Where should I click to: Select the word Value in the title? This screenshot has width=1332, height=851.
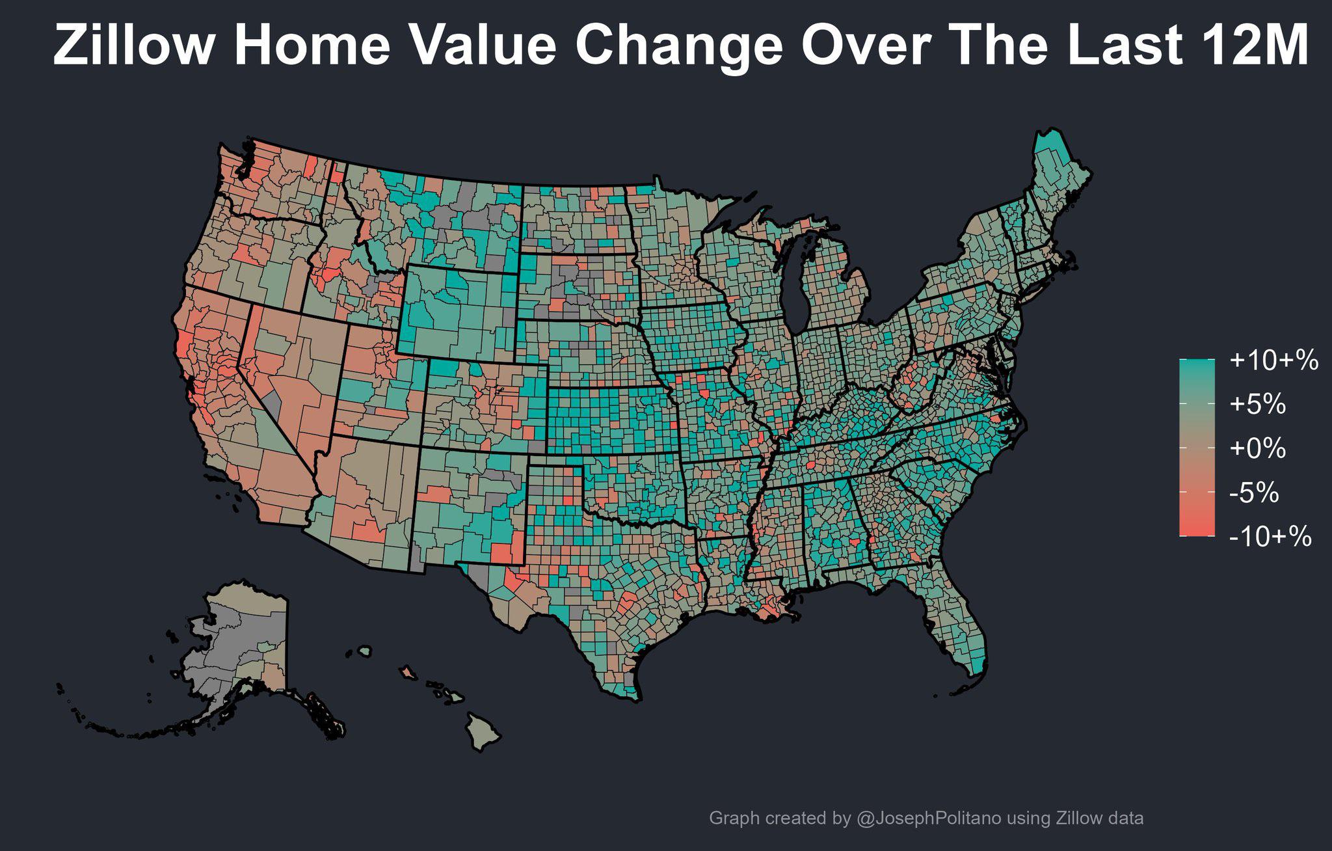(x=482, y=46)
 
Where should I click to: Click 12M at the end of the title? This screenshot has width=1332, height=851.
(x=1255, y=46)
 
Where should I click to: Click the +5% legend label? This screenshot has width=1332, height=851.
(x=1257, y=404)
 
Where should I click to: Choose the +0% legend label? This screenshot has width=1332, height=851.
(x=1257, y=448)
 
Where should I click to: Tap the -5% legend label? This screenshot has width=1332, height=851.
(x=1254, y=493)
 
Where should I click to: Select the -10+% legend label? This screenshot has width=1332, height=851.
(x=1270, y=537)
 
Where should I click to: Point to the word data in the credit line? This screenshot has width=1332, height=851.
(x=1124, y=818)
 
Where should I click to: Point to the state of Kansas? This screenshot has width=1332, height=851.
(x=611, y=420)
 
